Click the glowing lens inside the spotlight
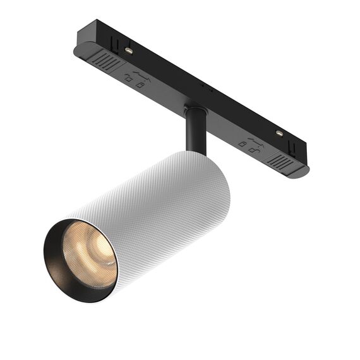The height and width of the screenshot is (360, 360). click(x=88, y=256)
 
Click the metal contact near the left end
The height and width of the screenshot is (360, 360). click(x=128, y=50)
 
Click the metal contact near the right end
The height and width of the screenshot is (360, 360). click(x=279, y=133)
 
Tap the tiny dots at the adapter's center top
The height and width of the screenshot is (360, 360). click(x=203, y=85)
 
